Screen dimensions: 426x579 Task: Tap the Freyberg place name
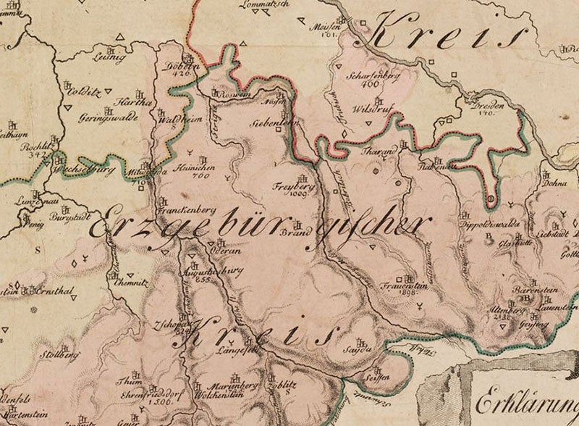[289, 185]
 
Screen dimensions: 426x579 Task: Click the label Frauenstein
[399, 285]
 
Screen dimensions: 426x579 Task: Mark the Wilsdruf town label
[365, 110]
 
